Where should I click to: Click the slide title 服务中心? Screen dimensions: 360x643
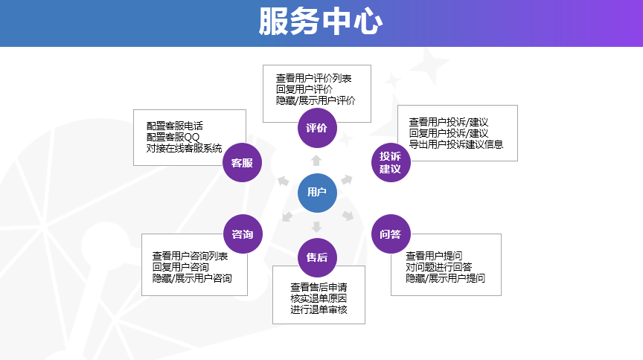321,22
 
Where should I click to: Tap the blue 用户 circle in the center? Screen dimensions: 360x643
317,193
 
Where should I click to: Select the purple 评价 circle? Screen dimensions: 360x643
317,127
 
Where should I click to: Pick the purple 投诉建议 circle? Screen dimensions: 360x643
391,162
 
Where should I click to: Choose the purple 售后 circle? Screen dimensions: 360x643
317,258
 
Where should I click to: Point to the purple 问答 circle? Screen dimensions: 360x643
391,234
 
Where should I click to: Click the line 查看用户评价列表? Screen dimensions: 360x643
313,77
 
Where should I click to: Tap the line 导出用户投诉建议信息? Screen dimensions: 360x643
455,144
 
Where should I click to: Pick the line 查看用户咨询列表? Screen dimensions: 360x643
190,255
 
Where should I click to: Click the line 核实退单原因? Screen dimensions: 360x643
319,298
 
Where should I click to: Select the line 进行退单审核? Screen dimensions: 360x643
319,309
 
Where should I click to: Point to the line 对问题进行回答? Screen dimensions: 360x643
438,266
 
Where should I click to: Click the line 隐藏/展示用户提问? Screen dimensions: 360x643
445,277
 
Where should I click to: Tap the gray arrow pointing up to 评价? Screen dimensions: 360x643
317,161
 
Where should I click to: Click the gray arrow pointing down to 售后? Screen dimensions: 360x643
317,226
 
